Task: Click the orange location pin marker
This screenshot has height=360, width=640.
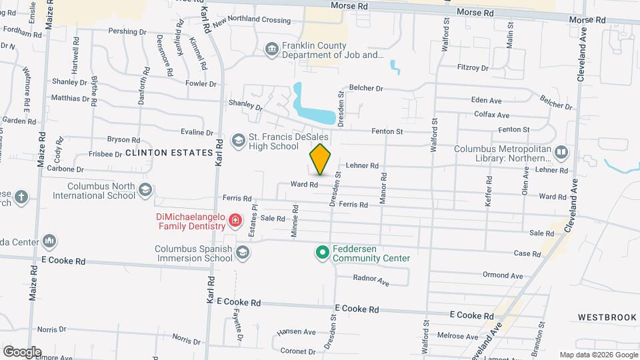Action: coord(320,159)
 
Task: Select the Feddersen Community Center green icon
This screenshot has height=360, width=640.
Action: coord(323,252)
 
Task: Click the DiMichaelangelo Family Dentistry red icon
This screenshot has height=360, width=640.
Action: coord(234,220)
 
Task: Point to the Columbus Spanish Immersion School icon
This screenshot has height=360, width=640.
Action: coord(242,252)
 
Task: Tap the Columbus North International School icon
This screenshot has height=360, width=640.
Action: coord(145,191)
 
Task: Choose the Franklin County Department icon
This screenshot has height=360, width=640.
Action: coord(271,49)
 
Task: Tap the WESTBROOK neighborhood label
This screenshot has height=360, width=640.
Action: coord(607,317)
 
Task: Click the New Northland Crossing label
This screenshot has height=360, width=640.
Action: coord(252,20)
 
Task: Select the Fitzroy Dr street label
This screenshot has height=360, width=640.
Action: coord(473,67)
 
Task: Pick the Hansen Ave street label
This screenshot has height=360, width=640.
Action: coord(296,331)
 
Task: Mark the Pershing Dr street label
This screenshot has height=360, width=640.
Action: coord(122,31)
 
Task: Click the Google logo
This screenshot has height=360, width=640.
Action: coord(22,351)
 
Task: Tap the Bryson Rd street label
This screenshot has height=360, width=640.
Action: coord(123,140)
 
